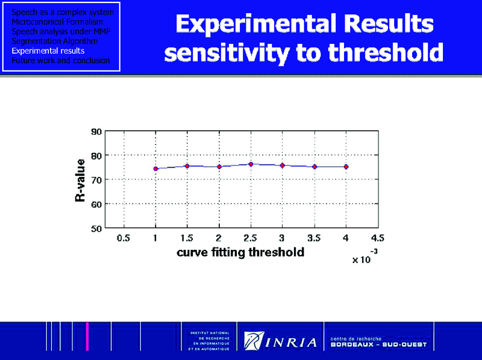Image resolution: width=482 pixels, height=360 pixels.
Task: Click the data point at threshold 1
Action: pyautogui.click(x=155, y=169)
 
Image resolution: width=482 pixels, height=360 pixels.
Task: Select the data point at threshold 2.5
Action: pyautogui.click(x=251, y=164)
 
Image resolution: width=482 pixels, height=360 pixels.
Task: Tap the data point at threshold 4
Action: pyautogui.click(x=346, y=167)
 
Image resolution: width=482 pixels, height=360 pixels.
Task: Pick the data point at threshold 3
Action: pyautogui.click(x=282, y=165)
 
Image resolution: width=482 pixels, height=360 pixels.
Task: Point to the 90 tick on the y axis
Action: pyautogui.click(x=96, y=131)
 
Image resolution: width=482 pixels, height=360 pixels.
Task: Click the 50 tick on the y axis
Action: pyautogui.click(x=96, y=228)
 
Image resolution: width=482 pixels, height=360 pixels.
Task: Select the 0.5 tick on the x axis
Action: pyautogui.click(x=124, y=238)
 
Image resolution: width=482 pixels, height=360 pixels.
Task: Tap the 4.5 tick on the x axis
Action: pyautogui.click(x=378, y=238)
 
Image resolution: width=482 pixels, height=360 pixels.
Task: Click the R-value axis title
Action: pyautogui.click(x=80, y=180)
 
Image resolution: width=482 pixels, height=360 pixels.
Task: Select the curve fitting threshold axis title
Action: pyautogui.click(x=240, y=253)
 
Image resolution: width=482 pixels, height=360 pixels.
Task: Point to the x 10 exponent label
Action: pyautogui.click(x=365, y=259)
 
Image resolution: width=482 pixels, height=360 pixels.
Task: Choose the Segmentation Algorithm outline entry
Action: pyautogui.click(x=55, y=42)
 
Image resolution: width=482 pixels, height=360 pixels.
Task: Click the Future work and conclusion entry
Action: pyautogui.click(x=61, y=60)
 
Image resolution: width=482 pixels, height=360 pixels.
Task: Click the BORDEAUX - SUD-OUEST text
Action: pyautogui.click(x=378, y=346)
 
